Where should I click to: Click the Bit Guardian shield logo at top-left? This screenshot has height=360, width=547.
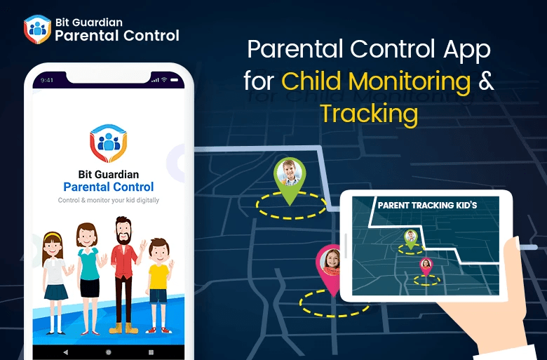point(36,29)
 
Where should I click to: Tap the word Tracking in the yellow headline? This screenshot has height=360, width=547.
point(369,113)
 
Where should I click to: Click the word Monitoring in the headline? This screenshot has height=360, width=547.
point(410,81)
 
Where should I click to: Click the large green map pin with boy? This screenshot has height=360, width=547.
point(288,178)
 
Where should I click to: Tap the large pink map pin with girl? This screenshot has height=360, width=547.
point(330,267)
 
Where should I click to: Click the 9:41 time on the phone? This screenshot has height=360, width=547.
point(47,80)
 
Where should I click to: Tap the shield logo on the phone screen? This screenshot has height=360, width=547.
point(108,143)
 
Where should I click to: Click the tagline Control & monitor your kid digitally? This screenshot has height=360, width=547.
point(108,201)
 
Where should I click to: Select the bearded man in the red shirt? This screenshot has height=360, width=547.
point(126,270)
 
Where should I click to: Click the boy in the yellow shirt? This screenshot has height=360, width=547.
point(158,281)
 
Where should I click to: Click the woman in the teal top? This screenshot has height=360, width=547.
point(88,274)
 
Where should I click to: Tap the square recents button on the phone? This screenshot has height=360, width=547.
point(151,351)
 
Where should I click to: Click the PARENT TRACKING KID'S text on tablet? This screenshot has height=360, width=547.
point(427,205)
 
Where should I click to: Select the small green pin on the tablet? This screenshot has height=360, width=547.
point(410,239)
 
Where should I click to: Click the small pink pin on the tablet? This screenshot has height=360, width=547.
point(426,266)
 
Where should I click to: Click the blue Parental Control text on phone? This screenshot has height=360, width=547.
point(108,187)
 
